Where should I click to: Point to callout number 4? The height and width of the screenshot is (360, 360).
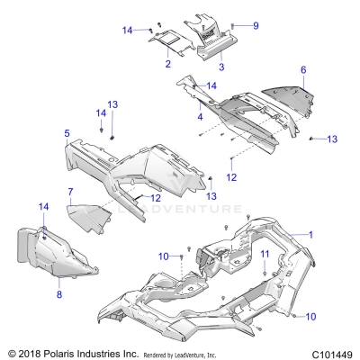(200, 116)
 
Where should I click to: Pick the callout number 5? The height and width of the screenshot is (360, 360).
(67, 132)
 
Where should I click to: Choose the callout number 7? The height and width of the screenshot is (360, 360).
(70, 191)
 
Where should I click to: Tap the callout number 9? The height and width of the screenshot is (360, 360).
(255, 25)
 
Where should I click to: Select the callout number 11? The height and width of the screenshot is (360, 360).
(265, 255)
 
